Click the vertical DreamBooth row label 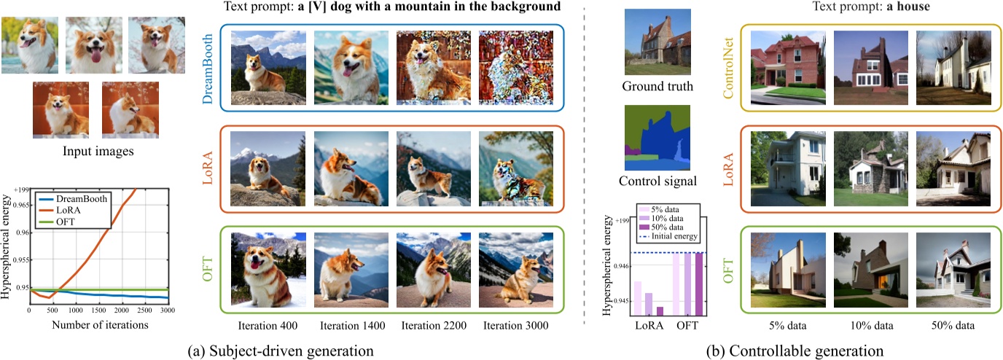[207, 69]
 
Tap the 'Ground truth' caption [657, 87]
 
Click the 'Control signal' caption [657, 181]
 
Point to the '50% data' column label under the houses [952, 324]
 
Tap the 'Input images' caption [95, 152]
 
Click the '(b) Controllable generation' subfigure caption [796, 351]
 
